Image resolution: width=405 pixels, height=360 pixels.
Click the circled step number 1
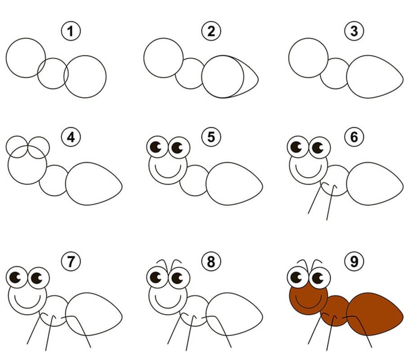[x=71, y=31]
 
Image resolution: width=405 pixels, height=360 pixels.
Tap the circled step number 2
[x=211, y=31]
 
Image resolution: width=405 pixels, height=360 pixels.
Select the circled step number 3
[x=354, y=31]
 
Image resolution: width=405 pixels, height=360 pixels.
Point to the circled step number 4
[x=71, y=137]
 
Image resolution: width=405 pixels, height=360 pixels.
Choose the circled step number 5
[x=211, y=137]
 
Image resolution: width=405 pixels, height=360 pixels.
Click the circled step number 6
[x=354, y=137]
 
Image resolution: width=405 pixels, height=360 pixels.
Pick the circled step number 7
[x=71, y=261]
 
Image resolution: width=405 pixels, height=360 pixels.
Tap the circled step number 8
[x=211, y=261]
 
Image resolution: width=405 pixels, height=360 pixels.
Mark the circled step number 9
[x=354, y=261]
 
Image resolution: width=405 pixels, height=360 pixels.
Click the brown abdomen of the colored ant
[x=374, y=314]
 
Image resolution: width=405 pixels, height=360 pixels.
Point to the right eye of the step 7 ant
[x=39, y=278]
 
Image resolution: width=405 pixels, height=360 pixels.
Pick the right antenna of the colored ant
[x=317, y=263]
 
